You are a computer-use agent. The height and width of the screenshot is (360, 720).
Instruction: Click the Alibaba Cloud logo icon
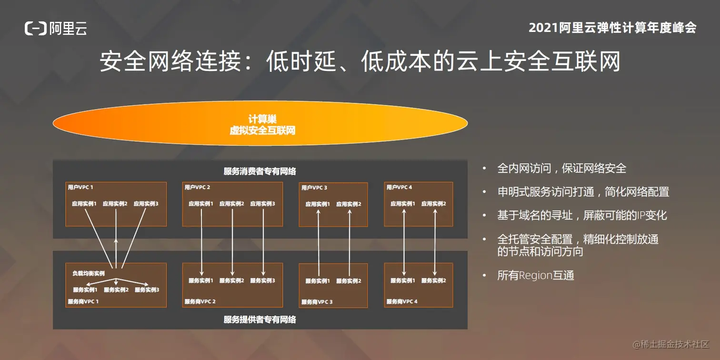36,29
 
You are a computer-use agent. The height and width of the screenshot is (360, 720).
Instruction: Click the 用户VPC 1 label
80,188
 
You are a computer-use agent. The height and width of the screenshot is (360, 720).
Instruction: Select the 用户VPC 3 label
314,188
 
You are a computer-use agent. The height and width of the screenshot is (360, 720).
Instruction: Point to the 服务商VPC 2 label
200,301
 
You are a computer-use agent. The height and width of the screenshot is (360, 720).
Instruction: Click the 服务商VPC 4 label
402,301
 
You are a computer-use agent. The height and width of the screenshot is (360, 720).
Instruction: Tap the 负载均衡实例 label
89,273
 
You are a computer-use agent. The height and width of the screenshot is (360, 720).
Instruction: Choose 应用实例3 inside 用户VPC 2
263,204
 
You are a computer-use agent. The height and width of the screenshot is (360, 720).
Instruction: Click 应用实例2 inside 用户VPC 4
434,204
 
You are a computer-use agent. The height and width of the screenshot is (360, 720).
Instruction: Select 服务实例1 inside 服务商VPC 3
318,281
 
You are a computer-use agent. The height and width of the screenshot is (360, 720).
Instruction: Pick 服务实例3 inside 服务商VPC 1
147,290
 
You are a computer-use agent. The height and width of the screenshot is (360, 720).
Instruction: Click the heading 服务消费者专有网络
260,171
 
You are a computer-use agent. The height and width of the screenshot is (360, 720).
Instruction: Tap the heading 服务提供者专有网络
260,320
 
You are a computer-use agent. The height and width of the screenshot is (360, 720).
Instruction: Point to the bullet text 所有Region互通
536,275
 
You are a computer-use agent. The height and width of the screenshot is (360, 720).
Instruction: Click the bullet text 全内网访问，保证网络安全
561,168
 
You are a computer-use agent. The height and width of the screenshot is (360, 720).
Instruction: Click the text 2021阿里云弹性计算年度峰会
612,28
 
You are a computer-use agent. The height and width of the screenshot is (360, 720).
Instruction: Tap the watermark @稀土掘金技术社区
670,344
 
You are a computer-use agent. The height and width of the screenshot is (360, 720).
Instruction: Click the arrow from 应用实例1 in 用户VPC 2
201,241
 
